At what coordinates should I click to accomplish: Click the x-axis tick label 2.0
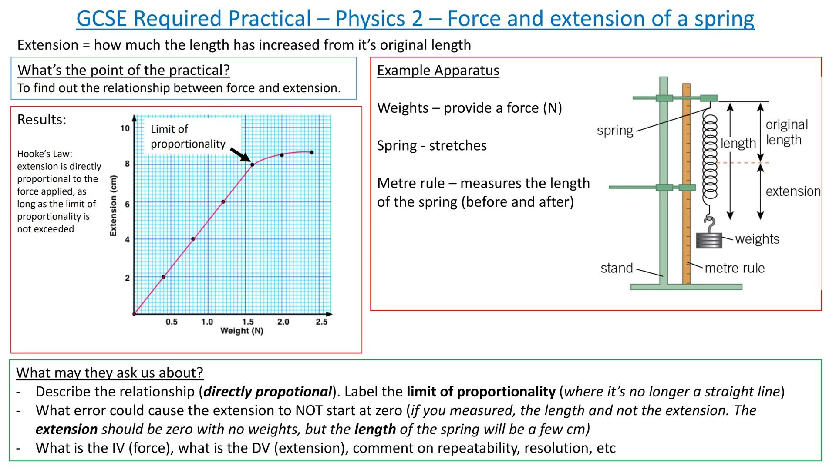(283, 322)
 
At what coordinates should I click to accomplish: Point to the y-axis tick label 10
(125, 128)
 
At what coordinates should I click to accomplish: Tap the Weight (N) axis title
(242, 331)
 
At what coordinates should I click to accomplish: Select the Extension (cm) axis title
(114, 205)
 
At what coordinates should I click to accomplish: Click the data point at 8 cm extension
(252, 164)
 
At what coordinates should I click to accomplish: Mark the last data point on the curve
(312, 152)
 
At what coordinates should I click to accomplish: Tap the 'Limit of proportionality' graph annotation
(188, 136)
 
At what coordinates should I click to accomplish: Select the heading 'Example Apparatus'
(438, 70)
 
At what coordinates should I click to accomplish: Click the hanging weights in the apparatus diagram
(708, 240)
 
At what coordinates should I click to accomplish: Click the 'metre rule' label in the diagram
(735, 268)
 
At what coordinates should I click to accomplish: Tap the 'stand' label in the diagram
(617, 268)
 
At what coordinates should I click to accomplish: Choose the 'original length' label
(786, 132)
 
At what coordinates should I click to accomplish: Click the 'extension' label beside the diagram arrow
(793, 191)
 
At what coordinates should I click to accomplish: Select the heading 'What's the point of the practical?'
(123, 70)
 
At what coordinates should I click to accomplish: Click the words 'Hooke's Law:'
(44, 154)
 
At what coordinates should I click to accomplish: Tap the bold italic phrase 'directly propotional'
(267, 392)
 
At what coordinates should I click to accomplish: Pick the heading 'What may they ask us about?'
(110, 373)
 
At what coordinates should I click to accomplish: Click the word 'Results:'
(42, 120)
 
